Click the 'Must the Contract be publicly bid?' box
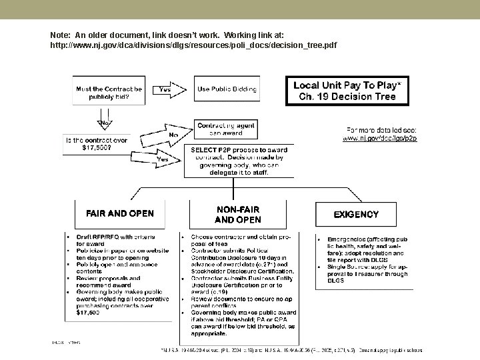(108, 92)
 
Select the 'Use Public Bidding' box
(227, 89)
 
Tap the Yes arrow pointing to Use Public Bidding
(169, 89)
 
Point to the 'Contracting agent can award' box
(227, 129)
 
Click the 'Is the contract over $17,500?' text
(96, 144)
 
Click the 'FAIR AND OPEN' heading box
(119, 214)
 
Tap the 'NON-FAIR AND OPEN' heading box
(238, 214)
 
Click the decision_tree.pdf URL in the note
(193, 45)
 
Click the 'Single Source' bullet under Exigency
(367, 273)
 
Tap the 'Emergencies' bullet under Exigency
(367, 249)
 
